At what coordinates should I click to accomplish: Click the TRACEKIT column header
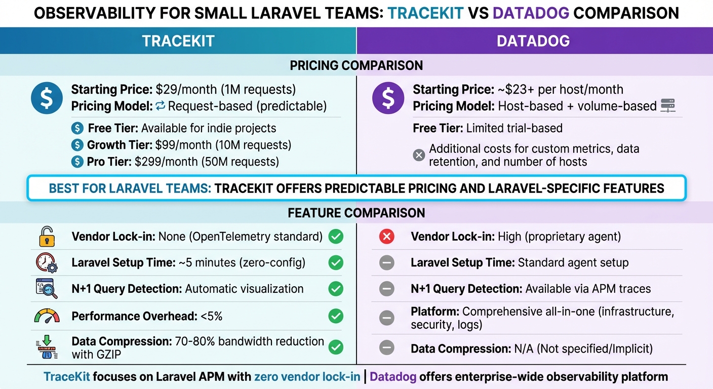point(178,41)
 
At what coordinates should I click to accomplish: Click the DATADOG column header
point(533,41)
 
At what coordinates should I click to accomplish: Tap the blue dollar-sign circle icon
point(47,98)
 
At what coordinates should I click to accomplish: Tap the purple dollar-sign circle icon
point(388,98)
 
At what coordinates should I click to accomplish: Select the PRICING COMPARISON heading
point(356,65)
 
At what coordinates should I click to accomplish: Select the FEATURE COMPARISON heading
point(356,213)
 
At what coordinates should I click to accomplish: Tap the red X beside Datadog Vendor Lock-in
point(386,237)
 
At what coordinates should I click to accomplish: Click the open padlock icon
point(47,237)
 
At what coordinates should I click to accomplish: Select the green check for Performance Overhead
point(335,316)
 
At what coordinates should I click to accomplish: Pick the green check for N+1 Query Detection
point(335,289)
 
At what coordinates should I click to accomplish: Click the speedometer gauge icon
point(47,316)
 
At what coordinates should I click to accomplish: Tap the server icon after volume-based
point(668,106)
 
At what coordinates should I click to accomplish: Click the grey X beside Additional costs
point(419,155)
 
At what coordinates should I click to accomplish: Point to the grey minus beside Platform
point(386,318)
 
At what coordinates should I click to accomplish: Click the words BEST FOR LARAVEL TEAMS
point(130,188)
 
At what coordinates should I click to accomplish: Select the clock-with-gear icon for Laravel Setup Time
point(47,263)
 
